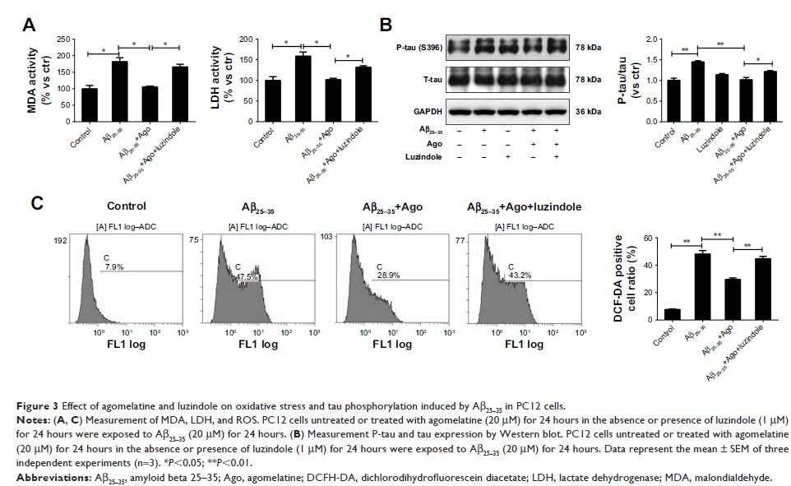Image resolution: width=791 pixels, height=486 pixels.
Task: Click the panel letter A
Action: (29, 25)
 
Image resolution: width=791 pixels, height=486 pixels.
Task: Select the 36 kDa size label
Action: (587, 111)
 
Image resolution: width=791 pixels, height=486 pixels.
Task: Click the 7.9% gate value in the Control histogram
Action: (113, 265)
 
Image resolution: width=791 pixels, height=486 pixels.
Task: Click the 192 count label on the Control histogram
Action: (61, 243)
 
